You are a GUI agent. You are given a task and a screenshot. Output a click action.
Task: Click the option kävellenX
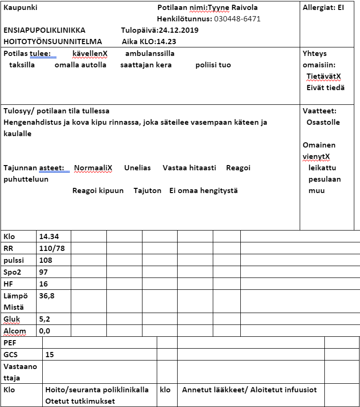[x=90, y=54]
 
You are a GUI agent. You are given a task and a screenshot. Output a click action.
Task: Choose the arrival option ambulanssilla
[x=150, y=54]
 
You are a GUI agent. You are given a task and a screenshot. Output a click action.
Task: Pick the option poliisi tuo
[x=213, y=65]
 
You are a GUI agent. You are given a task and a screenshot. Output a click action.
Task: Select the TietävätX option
[x=323, y=76]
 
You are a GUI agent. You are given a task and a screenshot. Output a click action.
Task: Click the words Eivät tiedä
[x=325, y=88]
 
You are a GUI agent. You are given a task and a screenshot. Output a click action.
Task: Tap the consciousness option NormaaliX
[x=93, y=168]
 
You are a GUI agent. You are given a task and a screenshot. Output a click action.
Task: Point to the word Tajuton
[x=147, y=191]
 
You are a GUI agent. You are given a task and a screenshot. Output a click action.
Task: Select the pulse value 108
[x=46, y=260]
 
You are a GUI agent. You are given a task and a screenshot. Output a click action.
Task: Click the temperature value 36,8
[x=47, y=296]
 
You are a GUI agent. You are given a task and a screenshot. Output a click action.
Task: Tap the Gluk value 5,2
[x=45, y=319]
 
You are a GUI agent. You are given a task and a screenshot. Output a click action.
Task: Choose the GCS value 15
[x=50, y=354]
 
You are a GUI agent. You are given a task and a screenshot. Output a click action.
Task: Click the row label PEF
[x=10, y=342]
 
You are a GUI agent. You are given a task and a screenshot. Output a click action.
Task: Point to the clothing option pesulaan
[x=324, y=179]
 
